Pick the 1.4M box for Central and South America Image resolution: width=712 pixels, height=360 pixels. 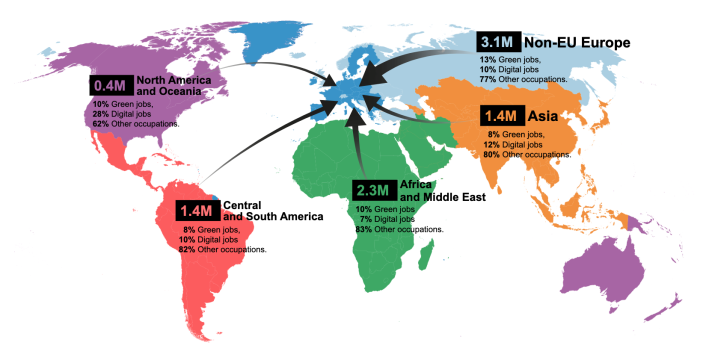click(x=197, y=211)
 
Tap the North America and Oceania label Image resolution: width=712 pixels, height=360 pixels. click(x=170, y=86)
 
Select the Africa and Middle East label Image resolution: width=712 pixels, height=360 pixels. click(x=443, y=191)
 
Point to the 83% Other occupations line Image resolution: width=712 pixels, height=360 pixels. click(x=399, y=229)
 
